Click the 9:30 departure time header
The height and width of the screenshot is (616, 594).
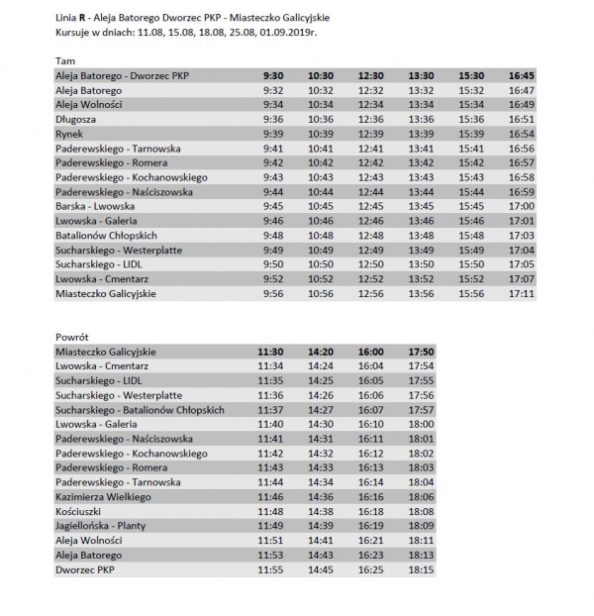tap(274, 75)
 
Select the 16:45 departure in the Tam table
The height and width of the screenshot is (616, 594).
tap(520, 75)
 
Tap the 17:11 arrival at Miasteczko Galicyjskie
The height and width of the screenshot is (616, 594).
tap(520, 294)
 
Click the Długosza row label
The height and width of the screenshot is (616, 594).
tap(78, 119)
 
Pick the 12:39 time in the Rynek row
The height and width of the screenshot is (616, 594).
tap(371, 134)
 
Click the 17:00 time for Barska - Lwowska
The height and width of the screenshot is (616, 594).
tap(520, 206)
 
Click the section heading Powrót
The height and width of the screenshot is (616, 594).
tap(73, 337)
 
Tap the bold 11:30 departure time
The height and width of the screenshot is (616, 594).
tap(270, 352)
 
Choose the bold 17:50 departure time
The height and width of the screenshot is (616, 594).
tap(421, 352)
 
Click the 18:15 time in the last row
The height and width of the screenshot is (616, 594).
tap(421, 570)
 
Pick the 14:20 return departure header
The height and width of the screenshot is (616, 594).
tap(321, 352)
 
